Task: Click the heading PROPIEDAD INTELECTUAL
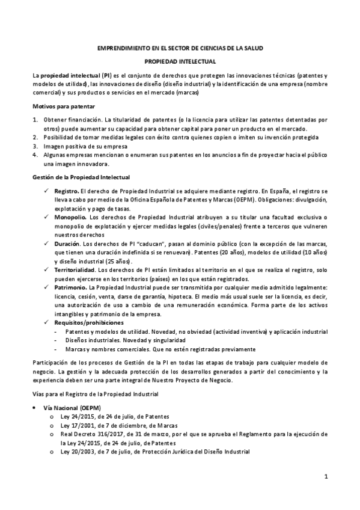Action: [x=180, y=61]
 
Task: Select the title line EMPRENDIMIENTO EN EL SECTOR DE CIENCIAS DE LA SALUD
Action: [x=180, y=48]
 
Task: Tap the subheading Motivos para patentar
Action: [x=59, y=106]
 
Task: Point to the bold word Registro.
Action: [x=67, y=190]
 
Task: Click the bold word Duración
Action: [x=67, y=243]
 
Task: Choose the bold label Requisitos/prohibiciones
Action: [x=88, y=322]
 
